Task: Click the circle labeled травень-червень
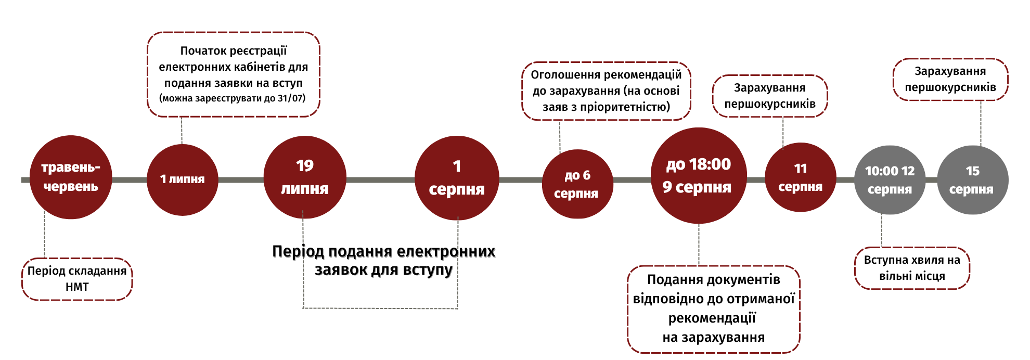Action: click(70, 177)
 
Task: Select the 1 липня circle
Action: click(182, 179)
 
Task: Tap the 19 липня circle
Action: click(305, 177)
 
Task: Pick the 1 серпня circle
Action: click(457, 178)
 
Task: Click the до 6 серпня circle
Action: click(577, 184)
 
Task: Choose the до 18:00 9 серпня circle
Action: click(698, 175)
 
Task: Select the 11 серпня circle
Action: click(800, 177)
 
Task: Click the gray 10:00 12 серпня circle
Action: click(890, 180)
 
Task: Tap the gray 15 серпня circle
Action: click(972, 180)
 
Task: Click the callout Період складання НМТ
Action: click(77, 279)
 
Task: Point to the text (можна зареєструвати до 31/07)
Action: click(232, 98)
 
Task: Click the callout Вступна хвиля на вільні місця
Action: click(912, 268)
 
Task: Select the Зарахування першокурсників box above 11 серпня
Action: click(770, 96)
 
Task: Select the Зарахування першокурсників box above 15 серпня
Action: click(950, 79)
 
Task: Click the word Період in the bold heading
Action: click(298, 251)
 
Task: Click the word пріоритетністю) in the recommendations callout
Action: click(625, 107)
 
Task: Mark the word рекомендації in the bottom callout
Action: click(712, 318)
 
